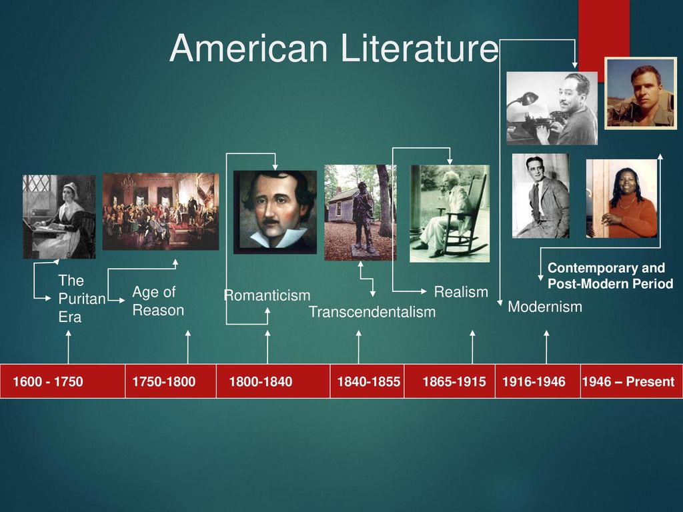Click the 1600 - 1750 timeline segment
62,381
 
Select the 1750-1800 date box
170,381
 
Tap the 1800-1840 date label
261,382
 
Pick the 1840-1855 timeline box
367,381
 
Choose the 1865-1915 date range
454,382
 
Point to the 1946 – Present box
632,381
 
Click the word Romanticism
267,295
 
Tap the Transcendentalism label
372,312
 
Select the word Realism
461,292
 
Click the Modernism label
545,307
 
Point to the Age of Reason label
158,301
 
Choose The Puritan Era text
82,299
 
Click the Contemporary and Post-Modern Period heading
610,275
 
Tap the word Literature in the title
419,47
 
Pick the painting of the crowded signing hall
161,211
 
